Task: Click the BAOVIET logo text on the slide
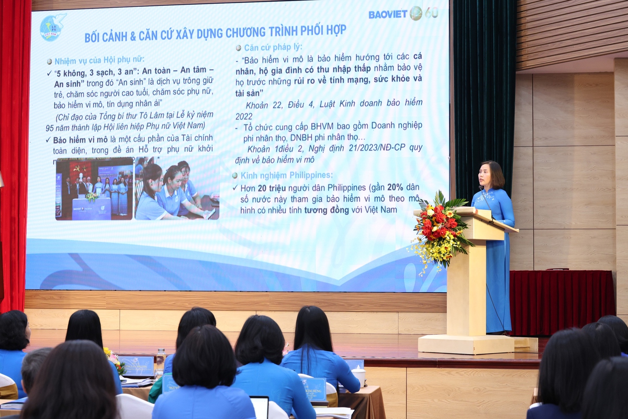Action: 387,14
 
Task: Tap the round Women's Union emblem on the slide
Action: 53,28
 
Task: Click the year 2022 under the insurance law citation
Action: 244,116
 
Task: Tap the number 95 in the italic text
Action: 50,127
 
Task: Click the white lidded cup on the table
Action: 359,374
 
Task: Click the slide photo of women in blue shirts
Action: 176,190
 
